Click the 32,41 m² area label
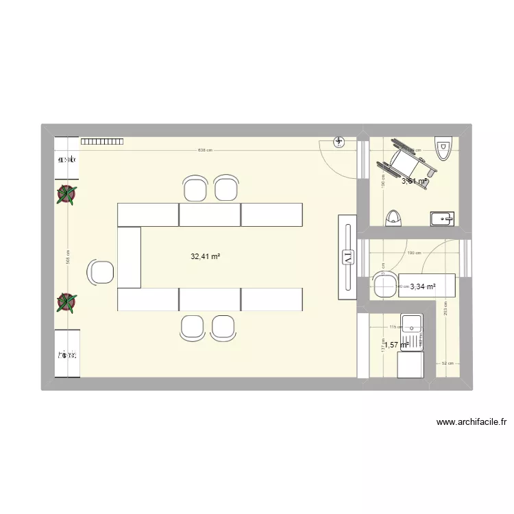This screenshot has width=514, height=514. click(206, 256)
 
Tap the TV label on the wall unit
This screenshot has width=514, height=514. click(347, 258)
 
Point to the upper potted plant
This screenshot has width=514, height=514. click(66, 195)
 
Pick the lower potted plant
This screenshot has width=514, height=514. click(66, 302)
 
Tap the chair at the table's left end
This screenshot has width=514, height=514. click(101, 273)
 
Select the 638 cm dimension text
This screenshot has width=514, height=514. click(205, 149)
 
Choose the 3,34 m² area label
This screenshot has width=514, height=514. click(423, 287)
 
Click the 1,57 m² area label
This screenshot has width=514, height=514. click(396, 345)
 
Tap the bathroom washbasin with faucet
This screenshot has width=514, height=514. click(442, 219)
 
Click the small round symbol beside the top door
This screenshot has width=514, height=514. click(339, 142)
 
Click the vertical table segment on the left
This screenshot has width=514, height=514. click(129, 258)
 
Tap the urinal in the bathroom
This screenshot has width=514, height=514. click(393, 217)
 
